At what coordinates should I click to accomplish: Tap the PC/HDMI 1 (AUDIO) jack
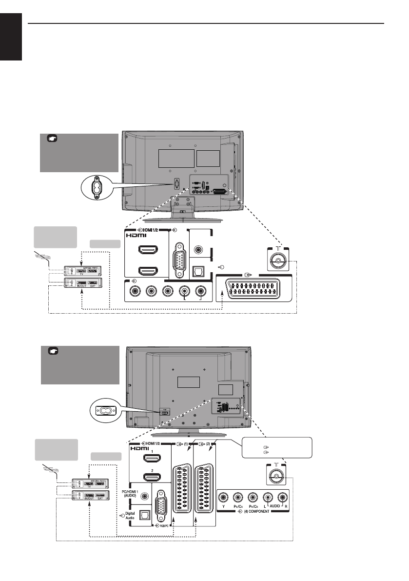coord(144,496)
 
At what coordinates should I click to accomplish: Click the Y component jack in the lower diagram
coord(224,498)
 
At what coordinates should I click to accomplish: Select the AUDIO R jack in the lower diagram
coord(282,498)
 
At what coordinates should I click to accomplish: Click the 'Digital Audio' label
coord(129,516)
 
